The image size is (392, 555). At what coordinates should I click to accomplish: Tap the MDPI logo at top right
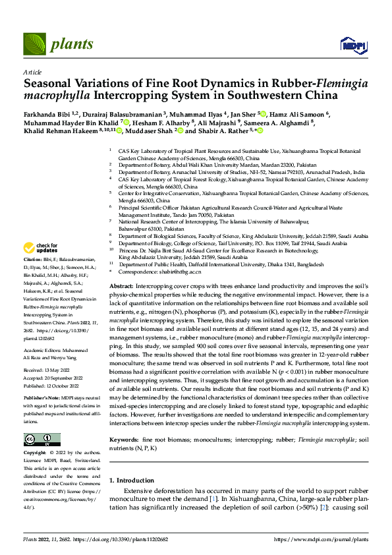click(352, 44)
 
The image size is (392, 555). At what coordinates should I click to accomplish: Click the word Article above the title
click(32, 71)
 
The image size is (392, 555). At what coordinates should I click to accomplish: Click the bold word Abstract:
click(122, 286)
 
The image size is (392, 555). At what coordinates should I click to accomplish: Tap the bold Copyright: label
click(36, 454)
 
